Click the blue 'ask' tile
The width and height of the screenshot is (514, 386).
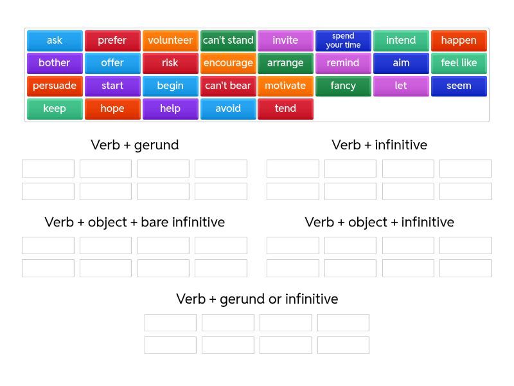tap(55, 41)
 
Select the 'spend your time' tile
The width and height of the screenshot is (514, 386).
tap(343, 41)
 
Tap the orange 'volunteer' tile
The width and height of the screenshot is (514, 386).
tap(170, 41)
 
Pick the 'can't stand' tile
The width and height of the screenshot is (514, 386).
tap(228, 41)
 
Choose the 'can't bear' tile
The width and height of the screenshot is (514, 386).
tap(228, 86)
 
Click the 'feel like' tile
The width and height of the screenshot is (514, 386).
tap(459, 63)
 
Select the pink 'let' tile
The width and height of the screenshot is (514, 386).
tap(401, 86)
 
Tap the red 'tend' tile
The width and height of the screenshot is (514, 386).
tap(285, 109)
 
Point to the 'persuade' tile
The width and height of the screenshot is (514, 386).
tap(55, 86)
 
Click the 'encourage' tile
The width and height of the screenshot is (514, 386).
tap(228, 63)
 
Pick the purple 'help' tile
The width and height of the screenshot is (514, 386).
tap(170, 109)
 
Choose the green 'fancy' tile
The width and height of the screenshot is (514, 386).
tap(343, 86)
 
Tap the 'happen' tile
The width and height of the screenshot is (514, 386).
tap(459, 41)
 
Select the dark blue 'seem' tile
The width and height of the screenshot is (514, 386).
tap(459, 86)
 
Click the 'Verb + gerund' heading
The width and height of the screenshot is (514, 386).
tap(135, 145)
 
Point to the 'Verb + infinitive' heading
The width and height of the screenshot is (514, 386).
tap(379, 145)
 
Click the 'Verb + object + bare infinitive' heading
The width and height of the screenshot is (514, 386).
tap(135, 222)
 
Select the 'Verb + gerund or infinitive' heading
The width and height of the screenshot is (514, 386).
tap(257, 299)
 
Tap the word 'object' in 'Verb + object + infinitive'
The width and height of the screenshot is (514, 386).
tap(368, 223)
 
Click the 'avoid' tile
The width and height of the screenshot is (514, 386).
tap(228, 109)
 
